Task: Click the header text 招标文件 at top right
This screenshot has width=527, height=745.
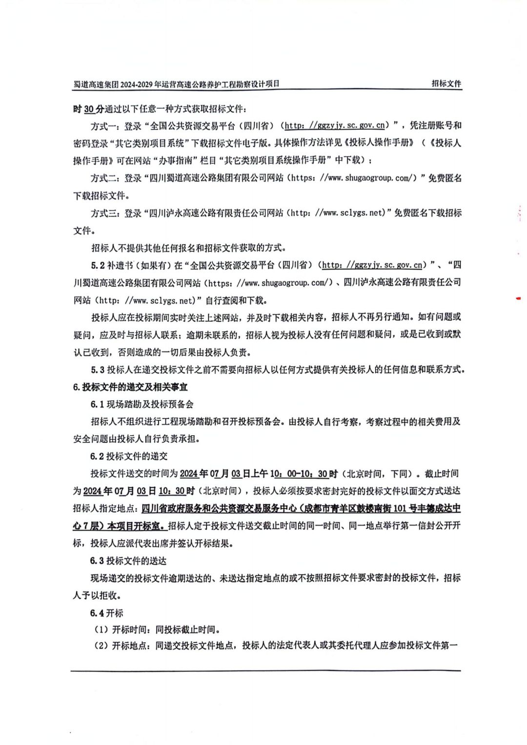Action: [446, 84]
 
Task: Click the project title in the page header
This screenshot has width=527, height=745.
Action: [176, 84]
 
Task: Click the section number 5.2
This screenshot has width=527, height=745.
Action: [98, 265]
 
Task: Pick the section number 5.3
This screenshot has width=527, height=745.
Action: [98, 370]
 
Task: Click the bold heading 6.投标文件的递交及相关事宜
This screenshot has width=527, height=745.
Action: [130, 387]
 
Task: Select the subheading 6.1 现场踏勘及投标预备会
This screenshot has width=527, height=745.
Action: [142, 404]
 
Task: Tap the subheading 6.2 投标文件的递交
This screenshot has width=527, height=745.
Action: [128, 456]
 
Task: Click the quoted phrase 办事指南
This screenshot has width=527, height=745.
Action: [176, 160]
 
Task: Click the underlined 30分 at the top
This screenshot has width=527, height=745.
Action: [94, 109]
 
